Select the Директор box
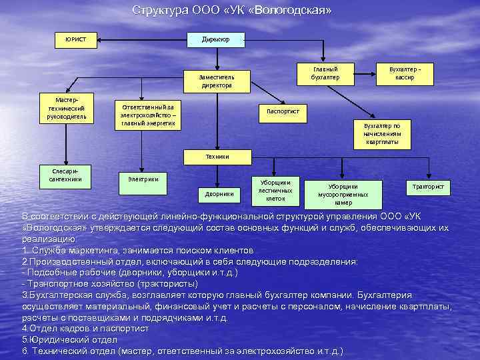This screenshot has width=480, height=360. (x=216, y=39)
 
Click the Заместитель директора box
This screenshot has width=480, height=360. (x=216, y=81)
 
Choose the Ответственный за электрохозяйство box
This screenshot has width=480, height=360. (x=147, y=114)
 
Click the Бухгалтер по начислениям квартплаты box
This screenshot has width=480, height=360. (x=381, y=133)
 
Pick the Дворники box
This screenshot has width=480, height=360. (x=219, y=194)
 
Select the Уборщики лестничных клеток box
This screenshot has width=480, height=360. (x=275, y=190)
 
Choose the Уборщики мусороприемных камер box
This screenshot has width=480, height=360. (x=343, y=194)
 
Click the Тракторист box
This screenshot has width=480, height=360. (x=428, y=187)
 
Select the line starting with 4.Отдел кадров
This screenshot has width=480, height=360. (x=85, y=329)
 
